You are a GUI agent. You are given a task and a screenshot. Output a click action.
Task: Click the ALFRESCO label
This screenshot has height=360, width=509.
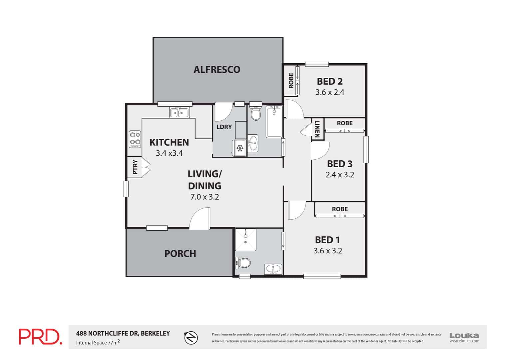click(217, 70)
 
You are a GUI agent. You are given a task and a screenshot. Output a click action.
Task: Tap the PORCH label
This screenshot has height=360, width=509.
click(180, 254)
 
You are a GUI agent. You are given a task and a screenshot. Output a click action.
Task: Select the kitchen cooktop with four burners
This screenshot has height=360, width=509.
click(135, 139)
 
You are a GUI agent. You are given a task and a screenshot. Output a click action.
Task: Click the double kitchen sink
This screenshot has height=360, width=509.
click(180, 112)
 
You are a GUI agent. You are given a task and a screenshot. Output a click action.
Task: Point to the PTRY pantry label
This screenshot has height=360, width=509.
click(135, 167)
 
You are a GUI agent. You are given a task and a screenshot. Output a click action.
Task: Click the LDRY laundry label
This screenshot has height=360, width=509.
click(224, 127)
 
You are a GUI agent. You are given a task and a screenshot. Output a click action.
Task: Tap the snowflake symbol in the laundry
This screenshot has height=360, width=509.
click(240, 148)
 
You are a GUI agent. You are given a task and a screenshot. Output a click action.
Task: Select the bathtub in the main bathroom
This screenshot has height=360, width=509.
click(274, 121)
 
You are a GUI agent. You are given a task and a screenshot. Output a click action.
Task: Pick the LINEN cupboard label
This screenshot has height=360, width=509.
click(317, 129)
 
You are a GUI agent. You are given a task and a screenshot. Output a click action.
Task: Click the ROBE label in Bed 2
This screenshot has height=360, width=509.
click(291, 81)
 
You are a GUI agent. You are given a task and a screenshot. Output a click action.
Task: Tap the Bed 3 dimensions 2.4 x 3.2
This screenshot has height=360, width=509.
click(340, 175)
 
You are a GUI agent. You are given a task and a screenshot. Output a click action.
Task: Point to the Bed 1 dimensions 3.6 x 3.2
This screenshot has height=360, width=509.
click(328, 251)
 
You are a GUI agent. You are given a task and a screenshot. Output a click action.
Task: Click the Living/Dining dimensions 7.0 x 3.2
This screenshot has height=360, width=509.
click(205, 197)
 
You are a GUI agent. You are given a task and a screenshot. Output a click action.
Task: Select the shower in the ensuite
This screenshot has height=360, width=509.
click(246, 240)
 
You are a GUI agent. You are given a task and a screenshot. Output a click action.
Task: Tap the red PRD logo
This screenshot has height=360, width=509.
click(40, 337)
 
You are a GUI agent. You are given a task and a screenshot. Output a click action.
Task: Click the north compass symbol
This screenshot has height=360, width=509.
click(191, 338)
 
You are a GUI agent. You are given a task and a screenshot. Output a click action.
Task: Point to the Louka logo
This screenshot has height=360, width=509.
click(464, 337)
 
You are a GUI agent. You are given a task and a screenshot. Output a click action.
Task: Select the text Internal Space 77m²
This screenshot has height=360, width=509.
click(98, 342)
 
